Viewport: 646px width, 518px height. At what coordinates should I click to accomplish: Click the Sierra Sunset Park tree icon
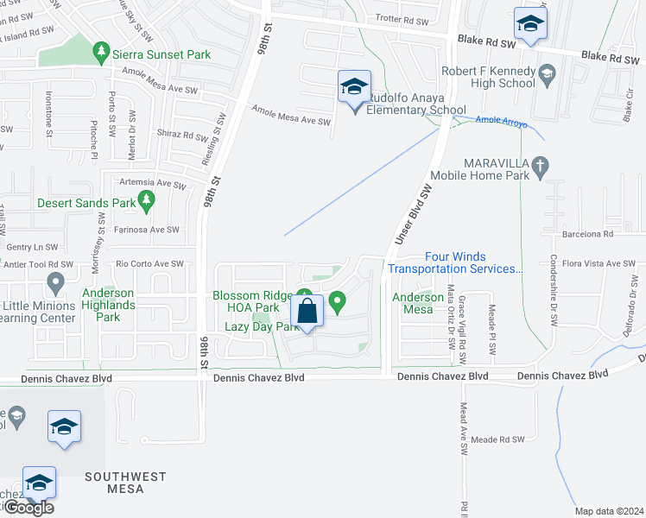pos(102,54)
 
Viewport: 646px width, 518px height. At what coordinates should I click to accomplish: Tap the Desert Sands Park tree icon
pos(147,203)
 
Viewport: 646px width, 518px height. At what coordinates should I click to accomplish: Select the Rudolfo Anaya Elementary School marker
pos(354,89)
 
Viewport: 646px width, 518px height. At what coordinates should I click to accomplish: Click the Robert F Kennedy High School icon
pos(547,75)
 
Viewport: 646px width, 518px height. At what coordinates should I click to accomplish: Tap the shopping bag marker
pos(307,311)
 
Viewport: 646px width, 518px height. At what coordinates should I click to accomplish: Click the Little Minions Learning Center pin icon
pos(56,281)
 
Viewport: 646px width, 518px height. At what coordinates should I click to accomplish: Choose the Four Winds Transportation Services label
pos(454,262)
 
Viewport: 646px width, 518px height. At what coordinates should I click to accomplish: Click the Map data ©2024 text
pos(609,511)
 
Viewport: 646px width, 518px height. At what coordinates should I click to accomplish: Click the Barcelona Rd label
pos(583,233)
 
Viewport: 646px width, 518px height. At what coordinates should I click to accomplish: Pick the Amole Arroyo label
pos(501,122)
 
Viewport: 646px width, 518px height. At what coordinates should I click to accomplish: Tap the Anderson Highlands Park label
pos(108,299)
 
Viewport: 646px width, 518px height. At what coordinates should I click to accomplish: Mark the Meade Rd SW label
pos(497,439)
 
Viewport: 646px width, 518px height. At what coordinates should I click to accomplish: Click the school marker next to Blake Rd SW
pos(530,25)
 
